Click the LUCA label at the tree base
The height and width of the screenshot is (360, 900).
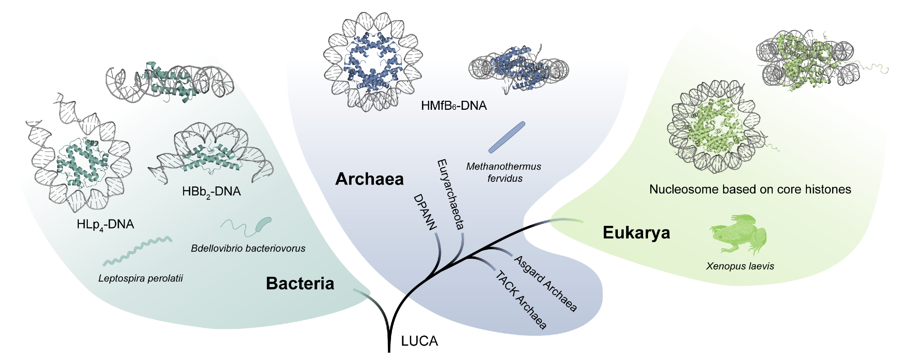point(419,341)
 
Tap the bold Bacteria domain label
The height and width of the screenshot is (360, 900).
point(300,283)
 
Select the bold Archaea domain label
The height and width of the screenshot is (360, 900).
point(369,179)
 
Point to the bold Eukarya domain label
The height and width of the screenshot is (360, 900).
point(636,233)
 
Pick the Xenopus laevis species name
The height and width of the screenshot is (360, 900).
point(740,266)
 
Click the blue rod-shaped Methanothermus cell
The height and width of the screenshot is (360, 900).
point(507,137)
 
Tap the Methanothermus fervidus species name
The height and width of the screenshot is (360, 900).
point(504,172)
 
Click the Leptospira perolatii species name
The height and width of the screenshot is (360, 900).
point(140,278)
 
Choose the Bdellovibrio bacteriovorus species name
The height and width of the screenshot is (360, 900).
point(248,248)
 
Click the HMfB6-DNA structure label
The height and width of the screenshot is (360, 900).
point(454,106)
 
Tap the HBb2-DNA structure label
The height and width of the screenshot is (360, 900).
point(211,192)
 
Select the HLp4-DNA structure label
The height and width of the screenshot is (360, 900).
point(105,224)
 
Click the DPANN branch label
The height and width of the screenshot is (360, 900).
point(425,212)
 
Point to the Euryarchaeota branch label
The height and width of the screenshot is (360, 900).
point(450,194)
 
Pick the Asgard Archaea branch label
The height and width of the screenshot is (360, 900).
point(545,283)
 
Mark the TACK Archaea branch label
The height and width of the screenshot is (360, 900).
point(521,300)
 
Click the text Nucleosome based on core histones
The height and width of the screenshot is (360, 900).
point(750,189)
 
